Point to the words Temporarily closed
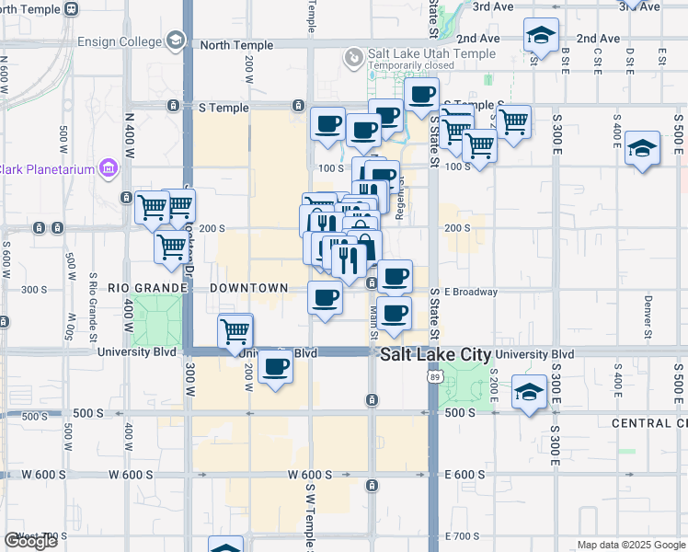(x=411, y=66)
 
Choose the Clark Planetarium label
(x=46, y=168)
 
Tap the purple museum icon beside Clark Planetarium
(x=108, y=168)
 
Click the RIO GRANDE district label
(x=147, y=288)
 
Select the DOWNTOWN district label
(x=249, y=288)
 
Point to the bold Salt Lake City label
(x=436, y=355)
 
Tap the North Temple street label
(x=236, y=45)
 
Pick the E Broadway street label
(x=471, y=292)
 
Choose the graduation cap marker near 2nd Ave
(x=540, y=37)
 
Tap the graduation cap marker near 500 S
(x=529, y=393)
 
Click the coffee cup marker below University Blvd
(x=274, y=368)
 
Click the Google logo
(x=30, y=541)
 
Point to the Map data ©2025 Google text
(x=630, y=545)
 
